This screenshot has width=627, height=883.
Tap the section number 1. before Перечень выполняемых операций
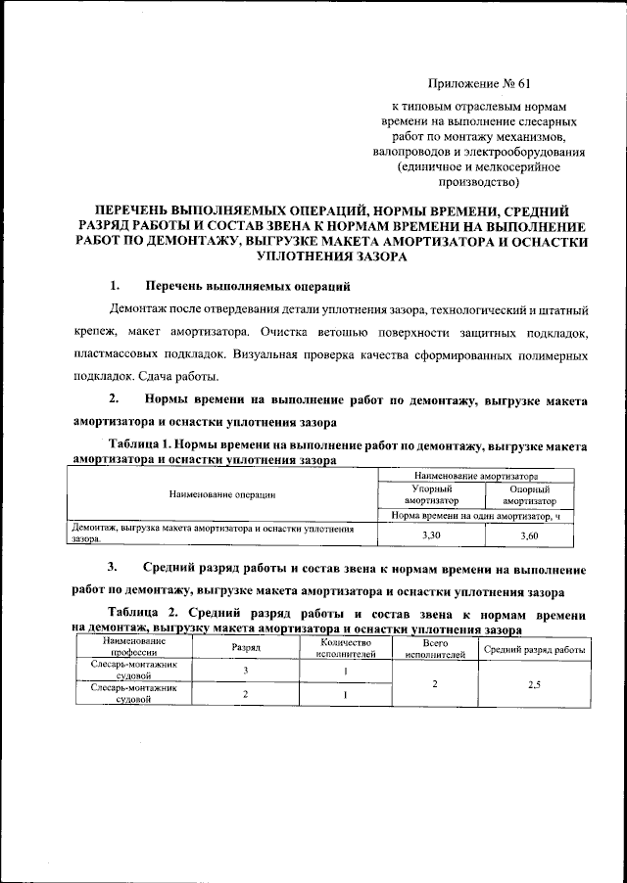point(115,286)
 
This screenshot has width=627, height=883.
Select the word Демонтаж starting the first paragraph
point(140,310)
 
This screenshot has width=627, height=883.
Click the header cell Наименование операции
point(221,495)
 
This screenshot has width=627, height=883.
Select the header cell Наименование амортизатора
point(483,474)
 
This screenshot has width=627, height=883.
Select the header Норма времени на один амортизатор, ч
point(483,515)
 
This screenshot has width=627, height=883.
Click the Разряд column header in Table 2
point(245,648)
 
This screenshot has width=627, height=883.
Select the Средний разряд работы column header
point(534,648)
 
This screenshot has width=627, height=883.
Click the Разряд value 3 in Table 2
point(245,671)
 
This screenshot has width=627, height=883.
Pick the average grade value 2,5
point(534,684)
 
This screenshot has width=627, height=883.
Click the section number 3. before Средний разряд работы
point(114,568)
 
